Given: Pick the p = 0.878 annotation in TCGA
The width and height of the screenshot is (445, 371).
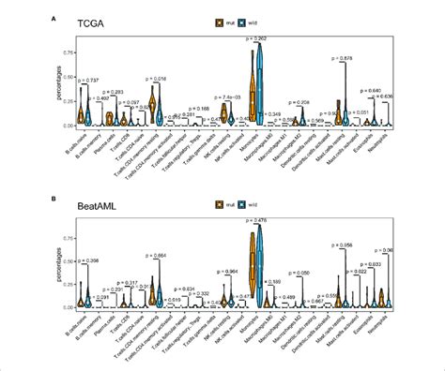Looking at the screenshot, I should point(343,59).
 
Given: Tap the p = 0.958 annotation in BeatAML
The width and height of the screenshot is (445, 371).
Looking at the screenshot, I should point(343,245).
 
